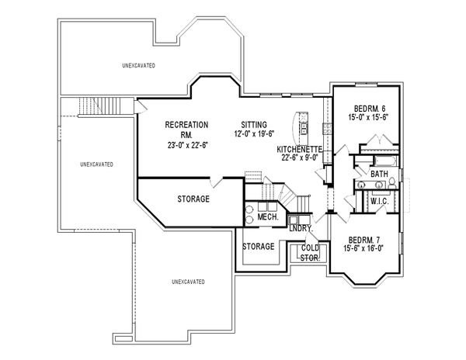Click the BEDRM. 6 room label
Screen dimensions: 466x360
point(370,108)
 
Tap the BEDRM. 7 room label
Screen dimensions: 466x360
point(364,240)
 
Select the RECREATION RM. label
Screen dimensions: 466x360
point(186,130)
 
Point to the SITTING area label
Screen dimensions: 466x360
point(254,125)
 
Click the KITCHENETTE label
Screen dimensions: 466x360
point(300,149)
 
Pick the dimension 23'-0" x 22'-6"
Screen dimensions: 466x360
point(187,145)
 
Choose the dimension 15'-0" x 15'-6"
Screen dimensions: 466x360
point(368,117)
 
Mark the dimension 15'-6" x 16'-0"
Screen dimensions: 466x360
point(363,248)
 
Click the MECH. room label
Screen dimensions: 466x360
point(268,216)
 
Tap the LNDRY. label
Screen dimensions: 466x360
point(301,229)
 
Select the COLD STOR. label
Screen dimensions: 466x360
point(310,253)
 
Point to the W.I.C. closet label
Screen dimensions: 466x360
point(380,202)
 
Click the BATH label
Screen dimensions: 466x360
point(379,174)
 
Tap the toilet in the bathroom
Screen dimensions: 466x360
point(392,183)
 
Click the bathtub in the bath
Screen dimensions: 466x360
point(385,161)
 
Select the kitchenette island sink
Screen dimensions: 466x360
point(304,128)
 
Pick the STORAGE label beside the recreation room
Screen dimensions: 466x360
point(193,199)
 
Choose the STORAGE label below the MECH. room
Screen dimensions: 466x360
point(259,247)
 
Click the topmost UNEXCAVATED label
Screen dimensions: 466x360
point(138,65)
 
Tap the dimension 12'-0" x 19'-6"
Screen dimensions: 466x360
point(254,134)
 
